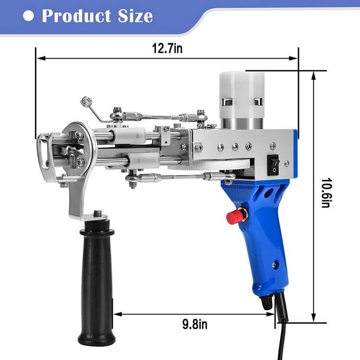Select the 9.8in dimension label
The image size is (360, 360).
coord(195,324)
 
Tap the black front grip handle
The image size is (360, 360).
coord(96,283)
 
